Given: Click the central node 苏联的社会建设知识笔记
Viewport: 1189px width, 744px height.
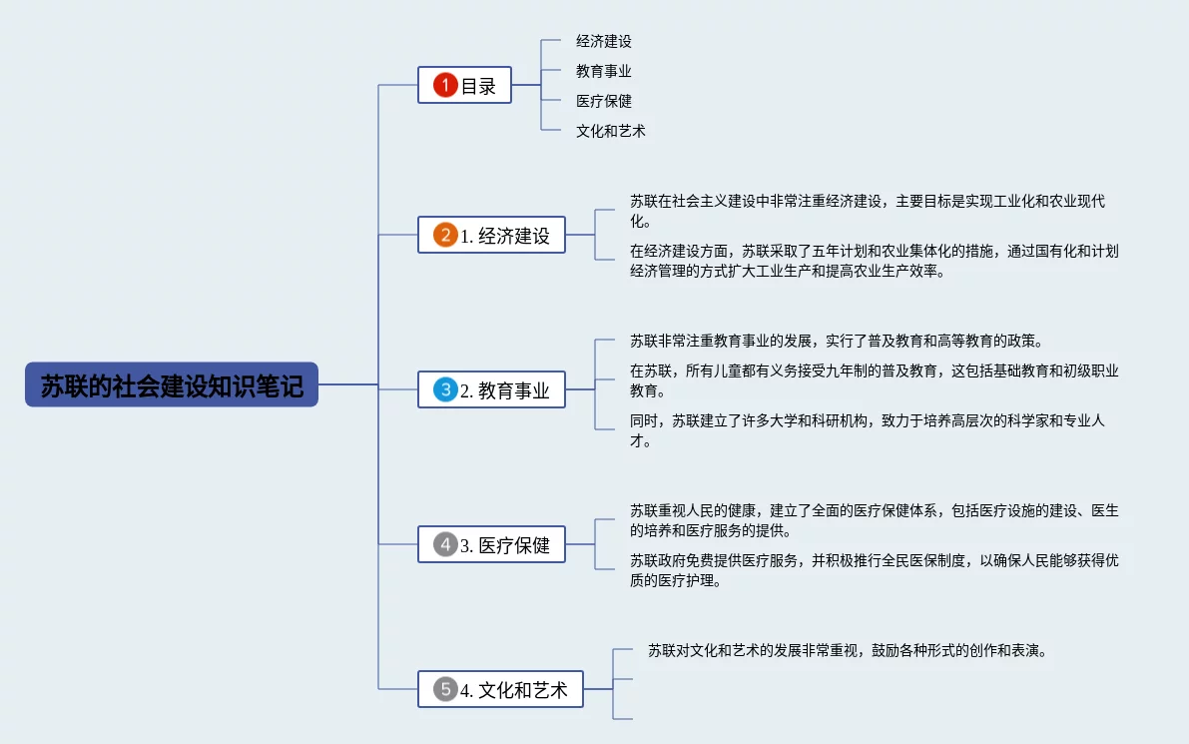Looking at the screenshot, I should (172, 384).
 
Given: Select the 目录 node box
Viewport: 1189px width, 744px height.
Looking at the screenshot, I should (464, 86).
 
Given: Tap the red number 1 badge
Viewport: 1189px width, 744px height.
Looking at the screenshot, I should (445, 86).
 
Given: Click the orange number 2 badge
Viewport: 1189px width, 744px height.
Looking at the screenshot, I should (445, 236).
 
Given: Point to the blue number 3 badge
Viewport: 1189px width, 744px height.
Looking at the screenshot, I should (445, 390).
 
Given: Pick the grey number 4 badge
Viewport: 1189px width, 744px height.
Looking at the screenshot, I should (445, 545).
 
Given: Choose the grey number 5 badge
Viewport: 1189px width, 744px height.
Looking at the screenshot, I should (445, 689).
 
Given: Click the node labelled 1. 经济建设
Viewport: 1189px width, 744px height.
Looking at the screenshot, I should (491, 236).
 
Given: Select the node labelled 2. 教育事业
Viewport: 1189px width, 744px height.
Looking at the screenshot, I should (491, 390).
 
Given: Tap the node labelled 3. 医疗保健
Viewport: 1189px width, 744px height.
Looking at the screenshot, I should (491, 545).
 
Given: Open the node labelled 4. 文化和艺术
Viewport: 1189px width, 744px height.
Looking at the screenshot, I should (500, 689).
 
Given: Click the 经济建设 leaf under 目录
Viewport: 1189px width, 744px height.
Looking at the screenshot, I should (604, 42).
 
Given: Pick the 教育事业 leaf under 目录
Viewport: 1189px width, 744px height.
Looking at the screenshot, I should (604, 72).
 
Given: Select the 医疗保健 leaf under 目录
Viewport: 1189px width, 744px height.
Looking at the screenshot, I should (604, 101).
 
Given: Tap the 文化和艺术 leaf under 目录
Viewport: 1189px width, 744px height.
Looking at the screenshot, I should (611, 131).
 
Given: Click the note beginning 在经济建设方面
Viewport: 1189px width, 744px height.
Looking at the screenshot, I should (874, 261).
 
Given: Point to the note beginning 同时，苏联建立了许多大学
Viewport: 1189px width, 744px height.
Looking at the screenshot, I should (867, 430).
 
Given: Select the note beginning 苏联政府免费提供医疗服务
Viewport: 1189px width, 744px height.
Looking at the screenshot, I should (874, 569).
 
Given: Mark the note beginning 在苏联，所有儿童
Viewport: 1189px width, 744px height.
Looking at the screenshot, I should (874, 380).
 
